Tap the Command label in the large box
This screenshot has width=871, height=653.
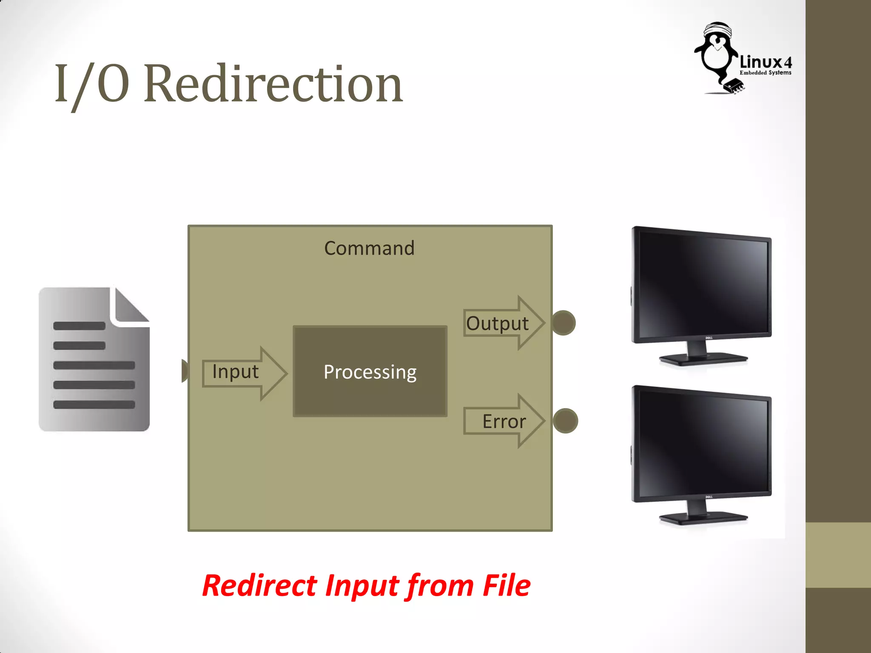tap(369, 248)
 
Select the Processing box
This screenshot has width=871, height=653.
tap(370, 372)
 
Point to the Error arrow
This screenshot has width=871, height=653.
tap(504, 421)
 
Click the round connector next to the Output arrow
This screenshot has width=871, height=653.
tap(564, 323)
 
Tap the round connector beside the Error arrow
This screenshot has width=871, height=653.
tap(565, 421)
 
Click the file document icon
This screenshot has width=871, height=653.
tap(94, 366)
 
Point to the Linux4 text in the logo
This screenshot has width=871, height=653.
tap(766, 62)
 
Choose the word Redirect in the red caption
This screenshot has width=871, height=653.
tap(259, 586)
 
